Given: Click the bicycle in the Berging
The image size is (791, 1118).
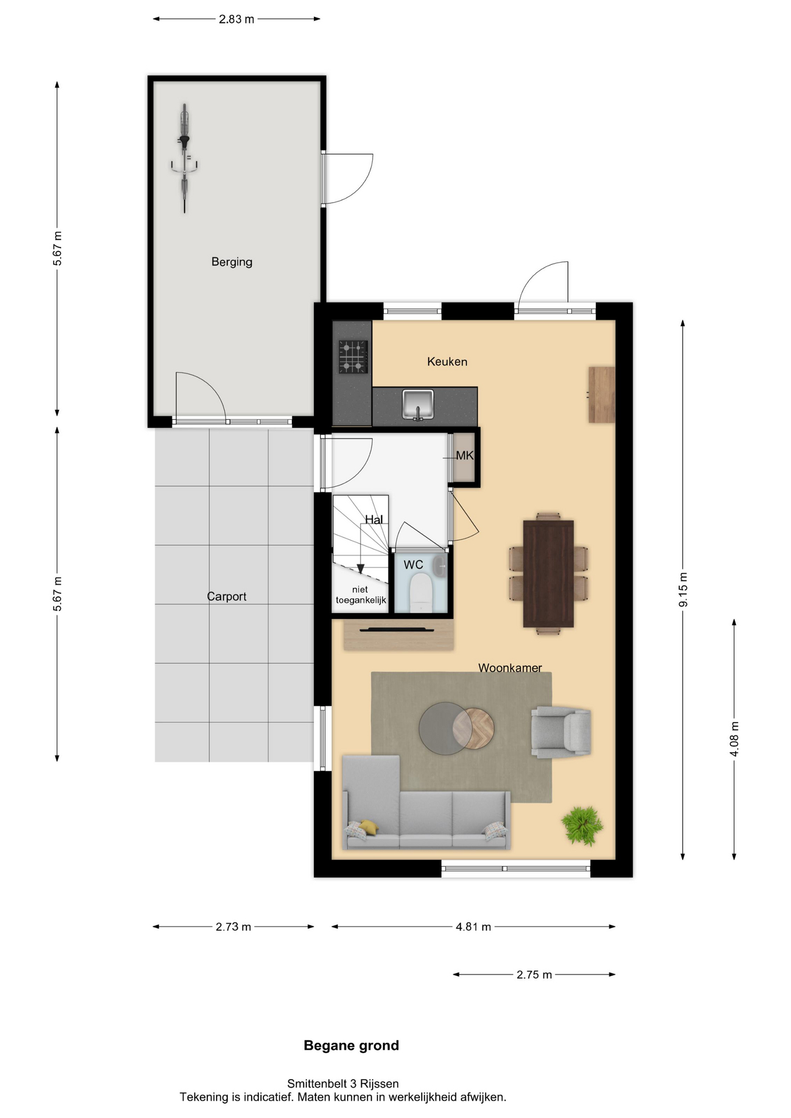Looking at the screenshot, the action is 184,158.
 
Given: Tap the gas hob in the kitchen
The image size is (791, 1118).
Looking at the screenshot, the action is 353,356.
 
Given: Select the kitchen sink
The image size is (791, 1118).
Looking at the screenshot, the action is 418,405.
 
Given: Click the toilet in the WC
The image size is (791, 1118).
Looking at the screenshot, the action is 421,593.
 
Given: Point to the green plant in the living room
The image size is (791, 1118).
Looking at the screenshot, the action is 582,825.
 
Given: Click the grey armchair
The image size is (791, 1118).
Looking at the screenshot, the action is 561,732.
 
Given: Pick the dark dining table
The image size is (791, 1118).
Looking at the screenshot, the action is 548,574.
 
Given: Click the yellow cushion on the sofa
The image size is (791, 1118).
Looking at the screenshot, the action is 368,826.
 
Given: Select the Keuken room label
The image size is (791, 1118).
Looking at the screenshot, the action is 447,362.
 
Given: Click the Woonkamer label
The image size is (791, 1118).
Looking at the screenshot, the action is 510,667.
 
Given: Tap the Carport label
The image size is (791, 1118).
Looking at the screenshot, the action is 227,596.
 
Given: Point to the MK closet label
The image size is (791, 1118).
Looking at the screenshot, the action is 465,455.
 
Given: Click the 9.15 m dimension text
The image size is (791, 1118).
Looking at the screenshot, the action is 683,589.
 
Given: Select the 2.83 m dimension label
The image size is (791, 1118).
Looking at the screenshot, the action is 236,19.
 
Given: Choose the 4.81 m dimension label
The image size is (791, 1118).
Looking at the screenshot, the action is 474,926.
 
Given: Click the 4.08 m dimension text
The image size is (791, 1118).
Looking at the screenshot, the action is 734,739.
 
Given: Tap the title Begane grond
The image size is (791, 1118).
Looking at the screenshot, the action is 351,1045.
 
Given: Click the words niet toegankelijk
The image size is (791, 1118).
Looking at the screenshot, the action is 361,595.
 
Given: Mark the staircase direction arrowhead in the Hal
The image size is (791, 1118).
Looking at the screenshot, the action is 361,568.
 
